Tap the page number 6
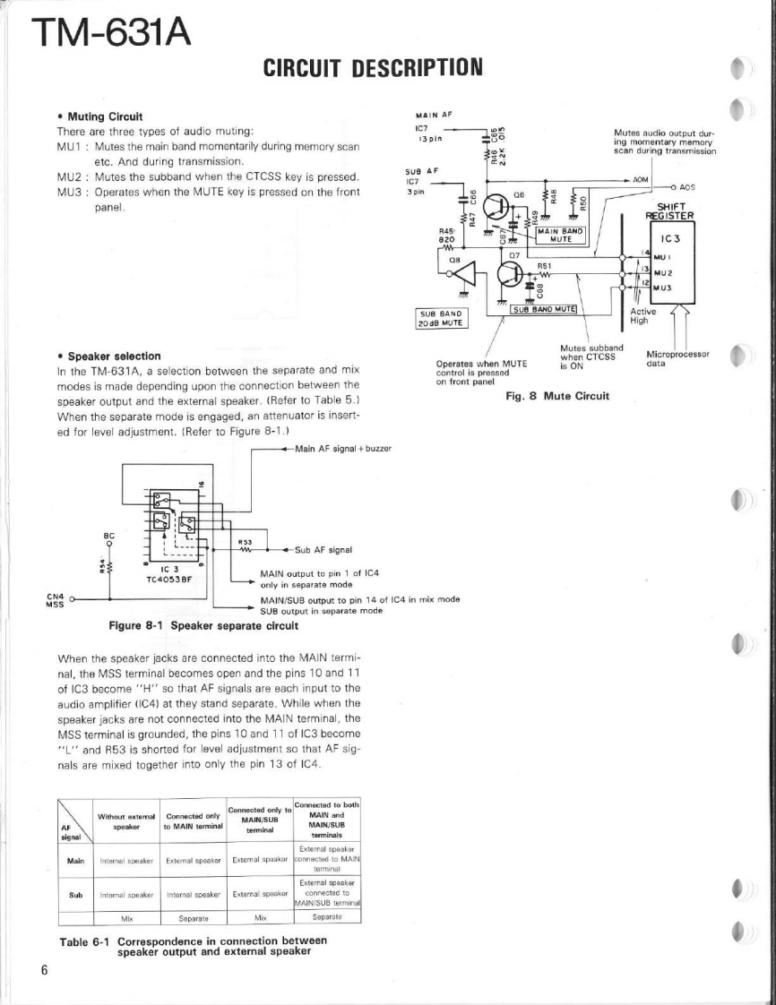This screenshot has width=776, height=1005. [43, 972]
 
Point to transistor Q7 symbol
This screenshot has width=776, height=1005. [508, 274]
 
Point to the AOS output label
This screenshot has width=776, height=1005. [688, 187]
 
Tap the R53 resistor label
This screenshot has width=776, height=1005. [245, 541]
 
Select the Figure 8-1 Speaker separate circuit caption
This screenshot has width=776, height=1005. [203, 625]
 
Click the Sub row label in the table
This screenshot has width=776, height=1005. [76, 895]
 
